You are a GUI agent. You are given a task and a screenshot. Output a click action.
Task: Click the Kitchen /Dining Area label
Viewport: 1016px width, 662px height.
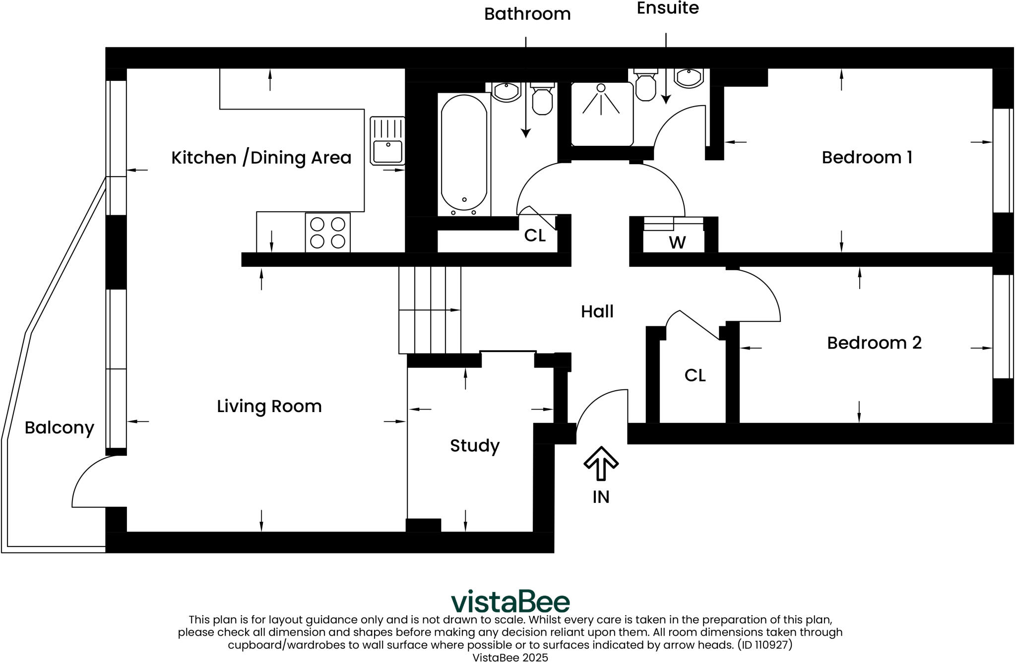coord(261,158)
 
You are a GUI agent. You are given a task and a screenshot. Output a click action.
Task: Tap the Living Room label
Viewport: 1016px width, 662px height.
coord(269,407)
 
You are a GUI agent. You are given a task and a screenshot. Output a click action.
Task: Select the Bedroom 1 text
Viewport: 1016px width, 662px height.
coord(867,158)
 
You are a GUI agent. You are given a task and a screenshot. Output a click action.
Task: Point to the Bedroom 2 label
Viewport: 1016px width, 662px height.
coord(874,343)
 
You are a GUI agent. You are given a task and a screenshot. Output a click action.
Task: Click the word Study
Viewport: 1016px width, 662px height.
coord(474,446)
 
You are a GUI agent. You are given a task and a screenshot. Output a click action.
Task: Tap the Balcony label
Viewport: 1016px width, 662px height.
coord(59,427)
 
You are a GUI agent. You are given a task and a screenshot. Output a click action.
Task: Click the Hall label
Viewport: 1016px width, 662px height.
coord(597,311)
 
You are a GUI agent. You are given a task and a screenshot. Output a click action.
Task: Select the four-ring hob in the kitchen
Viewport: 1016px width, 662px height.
coord(327,233)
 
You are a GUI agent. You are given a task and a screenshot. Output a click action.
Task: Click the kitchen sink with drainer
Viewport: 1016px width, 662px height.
coord(387,141)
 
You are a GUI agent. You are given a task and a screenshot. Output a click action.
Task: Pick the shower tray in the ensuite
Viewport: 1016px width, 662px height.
coord(601,114)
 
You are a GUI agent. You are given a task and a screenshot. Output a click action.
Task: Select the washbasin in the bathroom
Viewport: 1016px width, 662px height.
coord(507,92)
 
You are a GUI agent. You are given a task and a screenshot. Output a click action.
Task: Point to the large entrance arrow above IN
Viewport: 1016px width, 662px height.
coord(601,463)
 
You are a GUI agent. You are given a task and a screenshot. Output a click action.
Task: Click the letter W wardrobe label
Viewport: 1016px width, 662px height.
coord(677,243)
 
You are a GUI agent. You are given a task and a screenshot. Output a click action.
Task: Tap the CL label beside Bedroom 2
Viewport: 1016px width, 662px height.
coord(695,375)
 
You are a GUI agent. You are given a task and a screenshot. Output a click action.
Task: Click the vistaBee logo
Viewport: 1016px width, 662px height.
coord(510,602)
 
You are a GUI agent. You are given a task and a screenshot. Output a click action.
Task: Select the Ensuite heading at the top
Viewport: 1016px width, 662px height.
coord(667,8)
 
